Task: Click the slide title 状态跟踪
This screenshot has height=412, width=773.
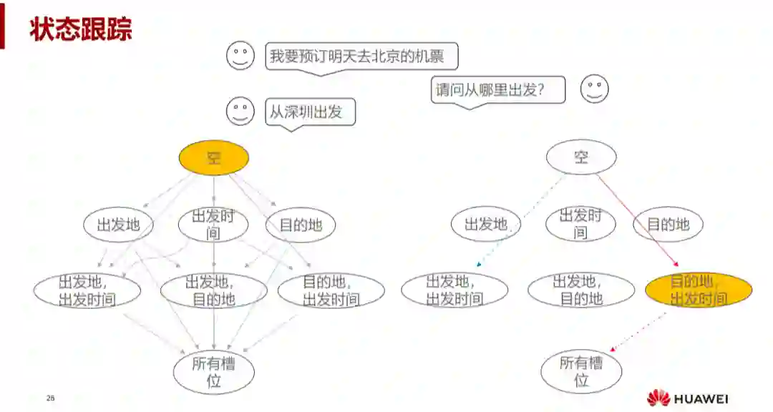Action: click(x=81, y=31)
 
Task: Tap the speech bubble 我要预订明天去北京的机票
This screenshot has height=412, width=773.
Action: click(x=361, y=55)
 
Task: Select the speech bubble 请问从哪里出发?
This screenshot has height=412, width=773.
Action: click(x=497, y=90)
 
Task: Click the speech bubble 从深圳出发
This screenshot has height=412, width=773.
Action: click(x=311, y=112)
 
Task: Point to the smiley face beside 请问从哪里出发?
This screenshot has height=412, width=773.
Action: click(x=594, y=89)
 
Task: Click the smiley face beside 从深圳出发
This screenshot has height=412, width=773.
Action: click(x=240, y=112)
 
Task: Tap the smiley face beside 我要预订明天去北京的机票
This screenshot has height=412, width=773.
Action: click(x=240, y=56)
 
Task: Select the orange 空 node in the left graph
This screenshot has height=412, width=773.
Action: click(x=213, y=157)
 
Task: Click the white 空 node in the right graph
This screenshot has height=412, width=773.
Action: click(x=581, y=157)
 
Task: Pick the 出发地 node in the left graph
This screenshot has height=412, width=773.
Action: click(x=118, y=225)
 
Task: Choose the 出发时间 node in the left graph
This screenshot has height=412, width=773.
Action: click(x=213, y=225)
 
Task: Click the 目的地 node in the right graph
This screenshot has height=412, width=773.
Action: click(x=668, y=225)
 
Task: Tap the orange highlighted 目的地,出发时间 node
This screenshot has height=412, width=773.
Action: click(x=699, y=290)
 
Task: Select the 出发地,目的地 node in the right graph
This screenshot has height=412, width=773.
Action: click(x=581, y=290)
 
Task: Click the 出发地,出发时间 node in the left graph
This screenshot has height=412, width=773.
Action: click(x=87, y=290)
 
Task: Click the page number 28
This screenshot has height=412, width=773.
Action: click(x=50, y=398)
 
